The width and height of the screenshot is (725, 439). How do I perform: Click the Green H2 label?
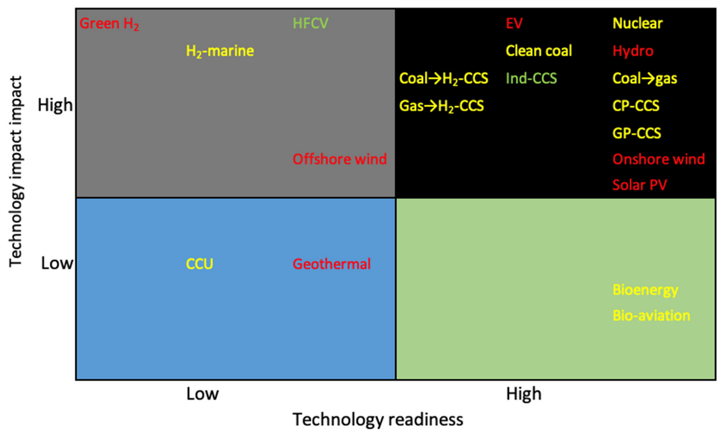pyautogui.click(x=109, y=24)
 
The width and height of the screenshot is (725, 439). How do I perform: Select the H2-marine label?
pyautogui.click(x=220, y=51)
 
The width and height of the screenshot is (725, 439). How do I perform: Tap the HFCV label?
pyautogui.click(x=310, y=24)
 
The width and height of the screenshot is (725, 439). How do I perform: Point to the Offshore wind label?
pyautogui.click(x=339, y=159)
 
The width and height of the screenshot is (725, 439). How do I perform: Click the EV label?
pyautogui.click(x=514, y=24)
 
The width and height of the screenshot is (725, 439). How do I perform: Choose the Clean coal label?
pyautogui.click(x=538, y=51)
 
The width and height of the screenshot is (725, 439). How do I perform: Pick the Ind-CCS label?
pyautogui.click(x=531, y=78)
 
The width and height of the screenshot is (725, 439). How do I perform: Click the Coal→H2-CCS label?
pyautogui.click(x=443, y=78)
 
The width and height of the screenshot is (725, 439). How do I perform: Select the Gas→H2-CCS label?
pyautogui.click(x=441, y=106)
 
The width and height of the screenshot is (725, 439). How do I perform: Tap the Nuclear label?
pyautogui.click(x=638, y=24)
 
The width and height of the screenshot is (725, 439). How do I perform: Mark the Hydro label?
pyautogui.click(x=633, y=51)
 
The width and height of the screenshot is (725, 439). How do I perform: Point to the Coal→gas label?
pyautogui.click(x=645, y=78)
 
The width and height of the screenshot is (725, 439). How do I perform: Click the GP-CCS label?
pyautogui.click(x=637, y=133)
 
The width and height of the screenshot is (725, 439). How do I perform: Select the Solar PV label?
pyautogui.click(x=639, y=185)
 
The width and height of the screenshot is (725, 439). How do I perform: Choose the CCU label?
pyautogui.click(x=199, y=264)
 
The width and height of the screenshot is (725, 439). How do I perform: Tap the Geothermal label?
pyautogui.click(x=331, y=264)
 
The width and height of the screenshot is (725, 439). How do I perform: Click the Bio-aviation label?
pyautogui.click(x=651, y=315)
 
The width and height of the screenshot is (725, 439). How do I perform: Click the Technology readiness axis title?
pyautogui.click(x=378, y=420)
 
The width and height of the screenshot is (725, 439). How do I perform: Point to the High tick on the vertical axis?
pyautogui.click(x=55, y=105)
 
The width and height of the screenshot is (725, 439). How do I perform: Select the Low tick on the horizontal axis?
pyautogui.click(x=202, y=394)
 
